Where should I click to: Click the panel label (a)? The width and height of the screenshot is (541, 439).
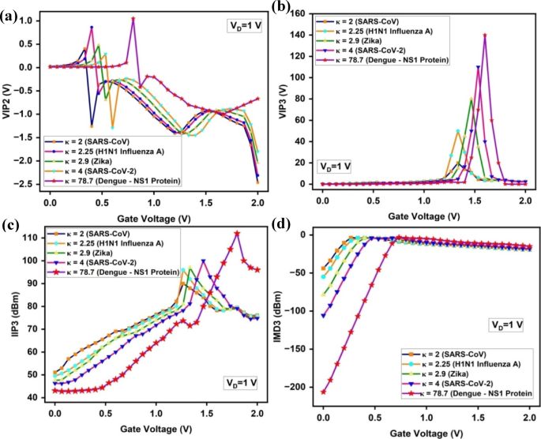10,9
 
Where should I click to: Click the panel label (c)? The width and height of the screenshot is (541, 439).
9,223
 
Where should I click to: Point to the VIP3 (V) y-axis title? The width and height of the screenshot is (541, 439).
283,97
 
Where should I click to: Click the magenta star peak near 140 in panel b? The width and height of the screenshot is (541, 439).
485,35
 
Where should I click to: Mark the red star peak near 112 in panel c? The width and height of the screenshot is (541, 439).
237,233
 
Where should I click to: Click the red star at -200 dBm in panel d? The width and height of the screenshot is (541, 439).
323,391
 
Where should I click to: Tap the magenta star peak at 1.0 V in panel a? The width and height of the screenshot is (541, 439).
133,18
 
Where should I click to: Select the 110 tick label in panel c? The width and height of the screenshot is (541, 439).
32,238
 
